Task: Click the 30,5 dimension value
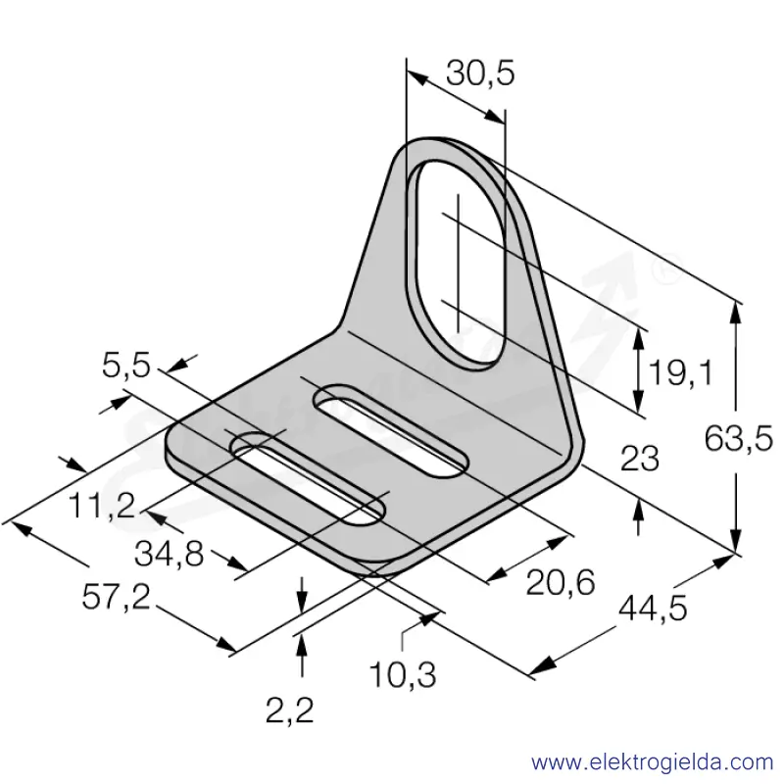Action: (480, 73)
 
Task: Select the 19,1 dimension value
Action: (680, 372)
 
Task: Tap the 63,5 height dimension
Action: (738, 438)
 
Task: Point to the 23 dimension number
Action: (640, 459)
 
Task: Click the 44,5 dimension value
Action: (653, 609)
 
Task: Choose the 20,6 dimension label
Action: (561, 582)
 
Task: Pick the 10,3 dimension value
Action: (403, 674)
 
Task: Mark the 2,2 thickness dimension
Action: (289, 710)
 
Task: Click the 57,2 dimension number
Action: (116, 597)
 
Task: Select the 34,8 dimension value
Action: (169, 554)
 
